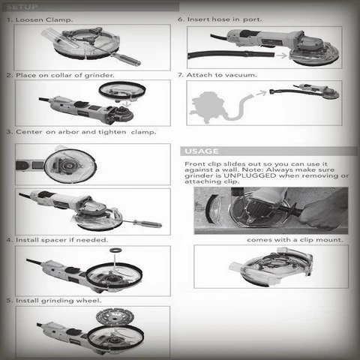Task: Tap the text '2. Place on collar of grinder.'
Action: (60, 75)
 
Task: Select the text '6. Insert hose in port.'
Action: (218, 18)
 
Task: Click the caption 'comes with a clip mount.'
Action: (296, 239)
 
